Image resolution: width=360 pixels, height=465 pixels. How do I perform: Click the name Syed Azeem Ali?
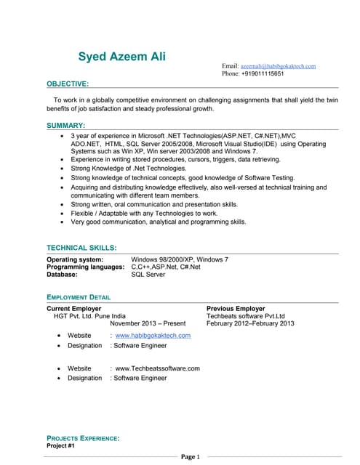tap(121, 57)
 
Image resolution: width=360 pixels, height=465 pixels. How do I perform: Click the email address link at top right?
tap(278, 66)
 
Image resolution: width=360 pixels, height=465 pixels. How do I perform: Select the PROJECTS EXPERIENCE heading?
tap(83, 438)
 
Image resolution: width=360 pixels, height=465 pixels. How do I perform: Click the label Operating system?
tap(75, 259)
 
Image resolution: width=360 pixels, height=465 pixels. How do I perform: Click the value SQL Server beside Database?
tap(148, 275)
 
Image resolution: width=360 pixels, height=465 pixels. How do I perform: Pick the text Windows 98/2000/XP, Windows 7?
tap(179, 259)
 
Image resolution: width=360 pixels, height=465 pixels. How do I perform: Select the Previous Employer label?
tap(236, 309)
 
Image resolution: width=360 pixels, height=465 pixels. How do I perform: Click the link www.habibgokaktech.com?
tap(153, 336)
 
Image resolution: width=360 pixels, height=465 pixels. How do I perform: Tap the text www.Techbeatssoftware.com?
tap(157, 368)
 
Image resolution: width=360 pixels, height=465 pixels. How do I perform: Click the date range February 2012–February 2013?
tap(250, 323)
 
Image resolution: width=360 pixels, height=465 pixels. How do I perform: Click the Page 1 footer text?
tap(190, 457)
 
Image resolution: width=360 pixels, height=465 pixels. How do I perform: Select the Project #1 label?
tap(60, 445)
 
